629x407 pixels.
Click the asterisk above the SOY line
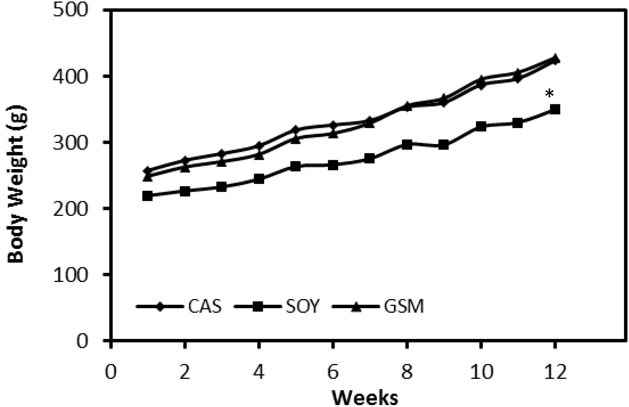(x=550, y=93)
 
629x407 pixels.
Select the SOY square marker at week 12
(x=555, y=109)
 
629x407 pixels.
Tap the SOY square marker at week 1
(x=147, y=196)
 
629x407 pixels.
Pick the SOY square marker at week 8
(x=407, y=144)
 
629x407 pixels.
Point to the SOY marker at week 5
(x=296, y=166)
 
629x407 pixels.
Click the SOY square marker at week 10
(x=481, y=126)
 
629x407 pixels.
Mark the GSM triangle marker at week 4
(x=259, y=155)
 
